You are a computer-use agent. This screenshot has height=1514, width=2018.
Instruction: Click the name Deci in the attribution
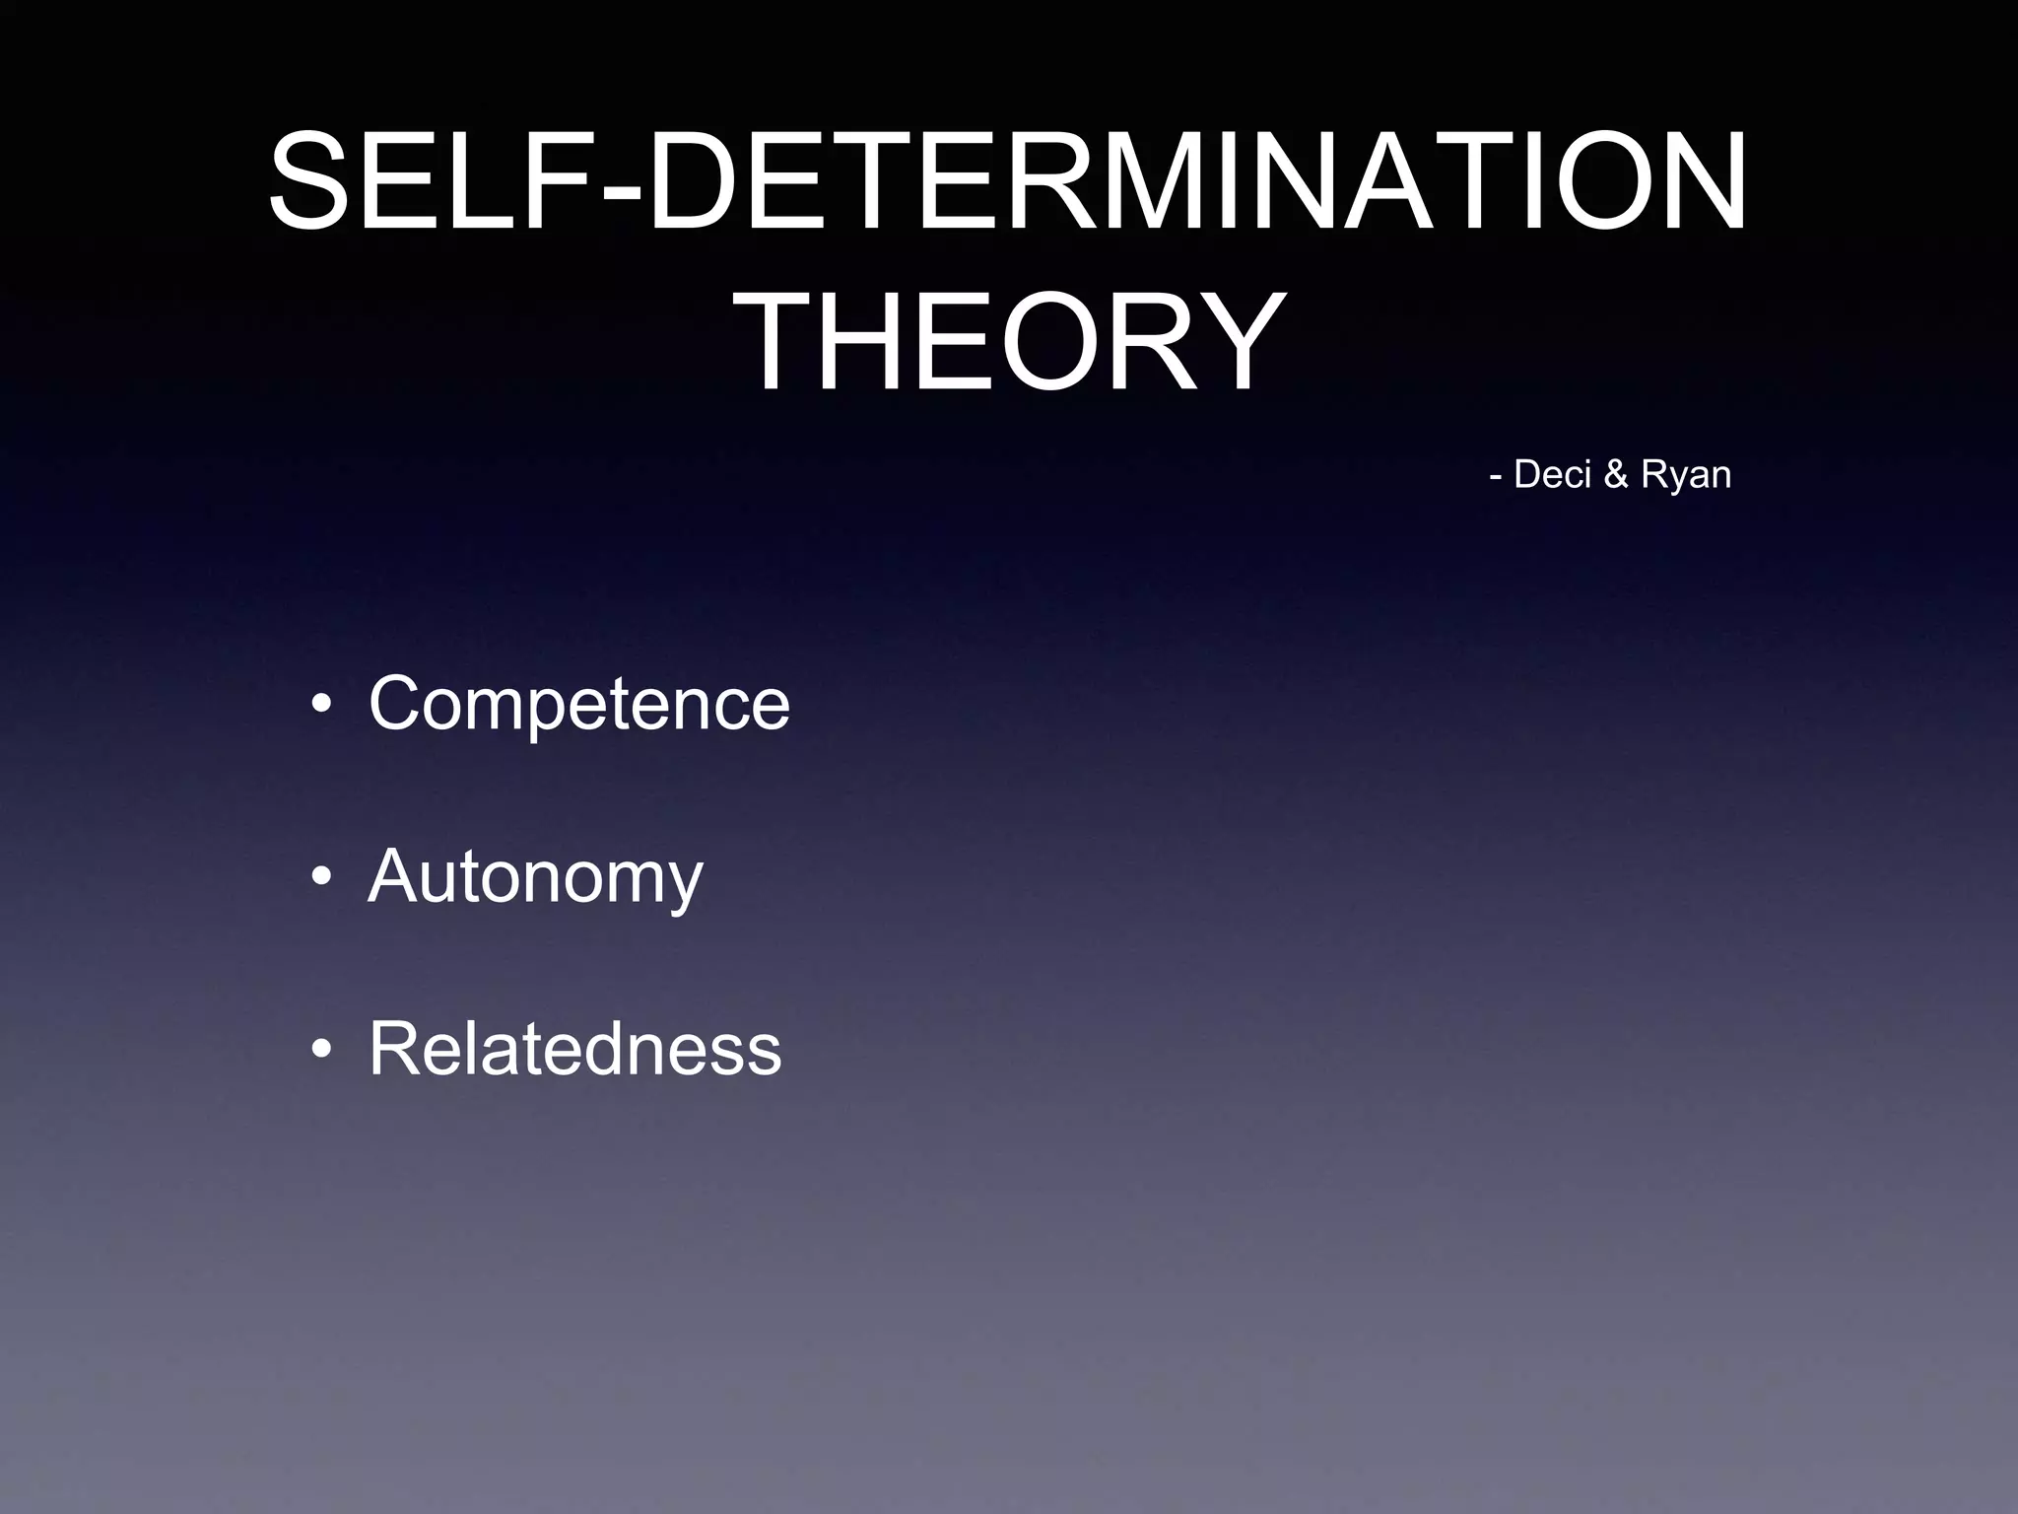point(1552,474)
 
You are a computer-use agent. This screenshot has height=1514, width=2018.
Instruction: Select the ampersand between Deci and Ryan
point(1616,475)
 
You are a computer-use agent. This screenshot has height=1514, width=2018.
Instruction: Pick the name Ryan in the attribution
point(1686,476)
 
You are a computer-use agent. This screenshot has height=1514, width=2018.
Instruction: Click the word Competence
point(578,704)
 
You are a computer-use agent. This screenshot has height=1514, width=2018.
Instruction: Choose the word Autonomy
point(535,876)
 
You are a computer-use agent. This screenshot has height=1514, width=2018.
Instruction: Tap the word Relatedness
point(574,1049)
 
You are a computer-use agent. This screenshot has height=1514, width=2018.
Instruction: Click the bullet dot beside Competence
point(320,706)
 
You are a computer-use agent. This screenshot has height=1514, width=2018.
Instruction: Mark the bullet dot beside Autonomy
point(320,878)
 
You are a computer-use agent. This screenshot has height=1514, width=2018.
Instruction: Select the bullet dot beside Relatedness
point(320,1051)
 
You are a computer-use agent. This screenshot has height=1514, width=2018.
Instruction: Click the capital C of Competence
point(395,704)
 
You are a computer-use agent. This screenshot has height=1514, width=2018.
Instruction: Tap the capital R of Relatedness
point(394,1049)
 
